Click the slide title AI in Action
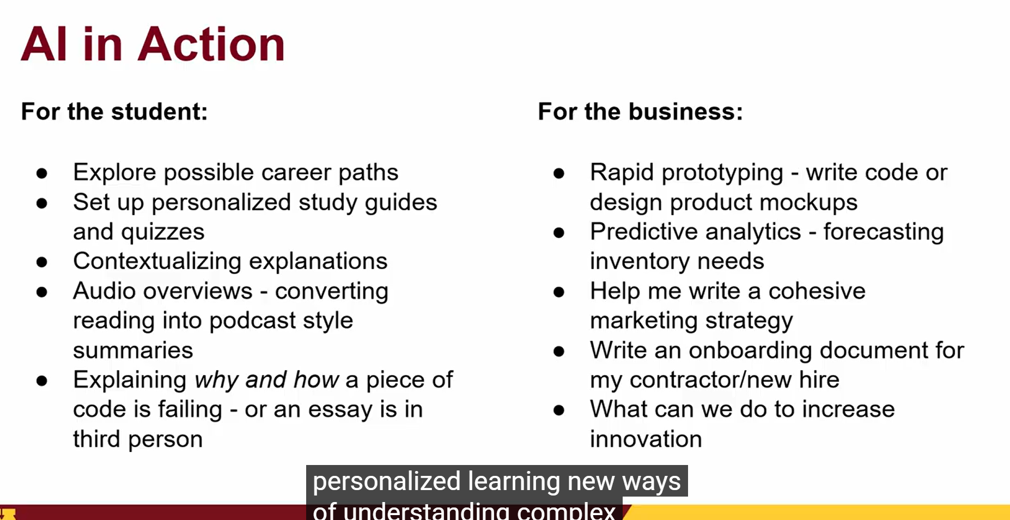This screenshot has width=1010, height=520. (x=153, y=44)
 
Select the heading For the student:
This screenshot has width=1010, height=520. (x=114, y=112)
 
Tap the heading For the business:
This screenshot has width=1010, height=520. (x=640, y=112)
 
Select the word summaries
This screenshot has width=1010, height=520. (x=133, y=351)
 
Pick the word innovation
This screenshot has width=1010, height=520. (x=646, y=439)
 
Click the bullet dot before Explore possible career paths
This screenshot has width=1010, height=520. (x=42, y=174)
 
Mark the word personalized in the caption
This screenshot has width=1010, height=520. (x=387, y=482)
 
